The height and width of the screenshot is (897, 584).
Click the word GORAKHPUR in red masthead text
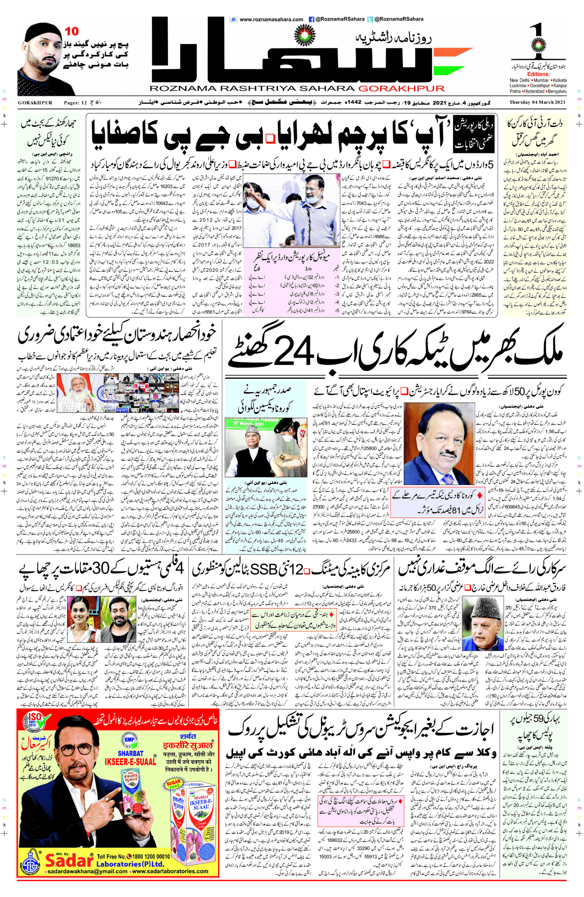click(x=401, y=88)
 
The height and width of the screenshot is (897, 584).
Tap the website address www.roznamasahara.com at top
click(x=271, y=19)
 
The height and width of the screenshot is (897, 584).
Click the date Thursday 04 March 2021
click(x=537, y=102)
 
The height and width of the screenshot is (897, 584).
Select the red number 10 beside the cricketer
click(x=72, y=31)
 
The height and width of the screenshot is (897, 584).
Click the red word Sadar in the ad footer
click(x=69, y=860)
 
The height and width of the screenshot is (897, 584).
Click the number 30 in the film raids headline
click(x=100, y=569)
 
